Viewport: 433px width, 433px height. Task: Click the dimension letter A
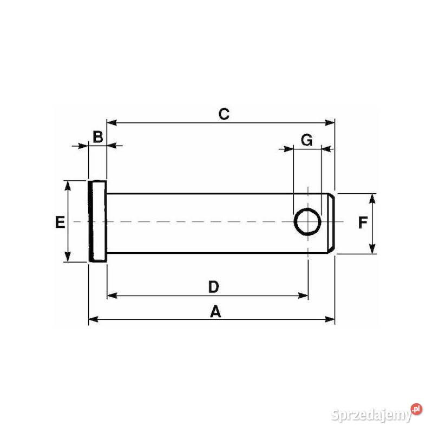point(215,312)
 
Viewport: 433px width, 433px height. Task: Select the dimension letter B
point(97,137)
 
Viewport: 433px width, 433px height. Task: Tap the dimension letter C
point(224,114)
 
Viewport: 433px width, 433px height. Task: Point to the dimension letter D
point(214,287)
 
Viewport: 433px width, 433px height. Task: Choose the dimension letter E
point(60,222)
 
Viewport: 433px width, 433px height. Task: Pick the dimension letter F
point(363,222)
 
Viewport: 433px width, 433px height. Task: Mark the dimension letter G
point(306,140)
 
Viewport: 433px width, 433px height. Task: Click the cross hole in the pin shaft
point(308,222)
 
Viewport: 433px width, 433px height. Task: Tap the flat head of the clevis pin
point(97,221)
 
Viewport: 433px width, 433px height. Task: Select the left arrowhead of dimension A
point(93,320)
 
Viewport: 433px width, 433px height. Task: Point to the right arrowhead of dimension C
point(331,123)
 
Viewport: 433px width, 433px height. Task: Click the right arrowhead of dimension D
point(304,296)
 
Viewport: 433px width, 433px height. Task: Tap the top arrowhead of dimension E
point(68,185)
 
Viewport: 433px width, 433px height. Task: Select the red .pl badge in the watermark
point(416,409)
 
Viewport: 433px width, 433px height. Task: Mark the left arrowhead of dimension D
point(111,296)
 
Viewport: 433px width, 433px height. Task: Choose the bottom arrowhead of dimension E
point(68,257)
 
